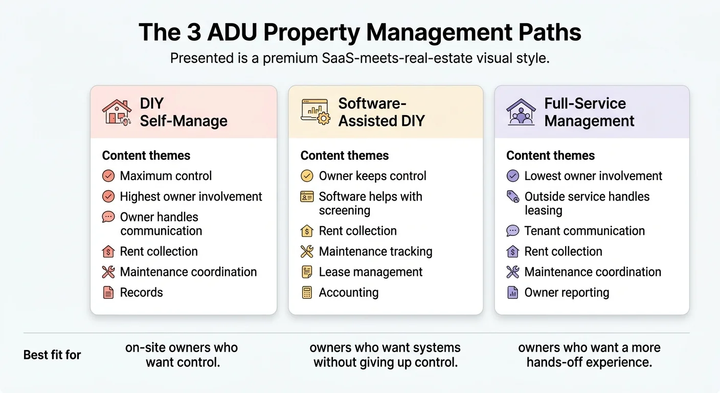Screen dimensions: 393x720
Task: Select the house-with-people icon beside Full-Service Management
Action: [521, 112]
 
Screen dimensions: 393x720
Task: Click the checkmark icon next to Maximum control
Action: [108, 176]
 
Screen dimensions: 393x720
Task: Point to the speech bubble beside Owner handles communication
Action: [108, 217]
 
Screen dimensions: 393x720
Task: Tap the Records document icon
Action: [108, 293]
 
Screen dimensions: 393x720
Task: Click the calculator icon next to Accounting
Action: [307, 293]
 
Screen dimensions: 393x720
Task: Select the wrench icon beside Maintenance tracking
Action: [307, 252]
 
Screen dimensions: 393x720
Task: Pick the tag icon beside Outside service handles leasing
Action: [512, 196]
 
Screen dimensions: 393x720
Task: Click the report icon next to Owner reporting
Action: [512, 293]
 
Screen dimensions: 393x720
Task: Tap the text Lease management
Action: [371, 272]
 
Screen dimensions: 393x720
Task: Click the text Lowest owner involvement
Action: [593, 176]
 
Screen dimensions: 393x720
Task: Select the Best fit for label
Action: [52, 355]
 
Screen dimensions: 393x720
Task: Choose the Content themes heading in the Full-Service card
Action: [550, 156]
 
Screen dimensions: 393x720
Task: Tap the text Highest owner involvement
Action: [191, 196]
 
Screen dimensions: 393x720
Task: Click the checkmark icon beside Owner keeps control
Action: [307, 176]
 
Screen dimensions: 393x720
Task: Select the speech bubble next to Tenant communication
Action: [512, 231]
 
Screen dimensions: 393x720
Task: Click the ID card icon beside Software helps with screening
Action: [307, 196]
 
